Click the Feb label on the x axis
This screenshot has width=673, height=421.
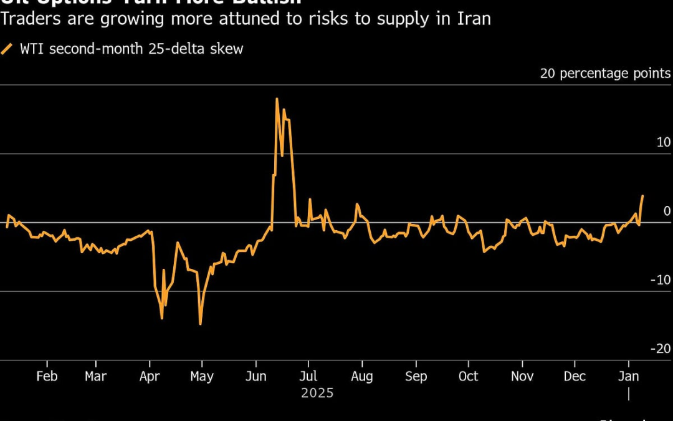[47, 377]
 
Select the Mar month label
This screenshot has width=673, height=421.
[95, 377]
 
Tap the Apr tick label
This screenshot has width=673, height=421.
[150, 377]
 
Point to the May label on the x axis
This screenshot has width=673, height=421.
[202, 377]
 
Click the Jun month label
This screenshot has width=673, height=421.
[255, 377]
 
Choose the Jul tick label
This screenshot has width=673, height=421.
[308, 377]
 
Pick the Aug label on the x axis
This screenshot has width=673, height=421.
[362, 377]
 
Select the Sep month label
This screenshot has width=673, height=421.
[416, 377]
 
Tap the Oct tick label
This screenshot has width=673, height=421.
[468, 377]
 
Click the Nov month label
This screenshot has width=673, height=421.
[522, 377]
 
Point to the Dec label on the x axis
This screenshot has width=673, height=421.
[575, 377]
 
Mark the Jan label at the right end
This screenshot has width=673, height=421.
[628, 377]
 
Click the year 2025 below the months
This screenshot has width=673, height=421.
[317, 394]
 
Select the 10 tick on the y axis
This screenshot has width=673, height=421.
[663, 143]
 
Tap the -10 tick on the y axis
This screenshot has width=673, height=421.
[661, 280]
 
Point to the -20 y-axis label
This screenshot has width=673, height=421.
[661, 349]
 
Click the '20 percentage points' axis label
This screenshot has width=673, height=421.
[605, 74]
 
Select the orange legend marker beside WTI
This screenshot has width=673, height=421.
[7, 49]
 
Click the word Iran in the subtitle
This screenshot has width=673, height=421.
[475, 19]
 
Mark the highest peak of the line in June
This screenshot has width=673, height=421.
[277, 99]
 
